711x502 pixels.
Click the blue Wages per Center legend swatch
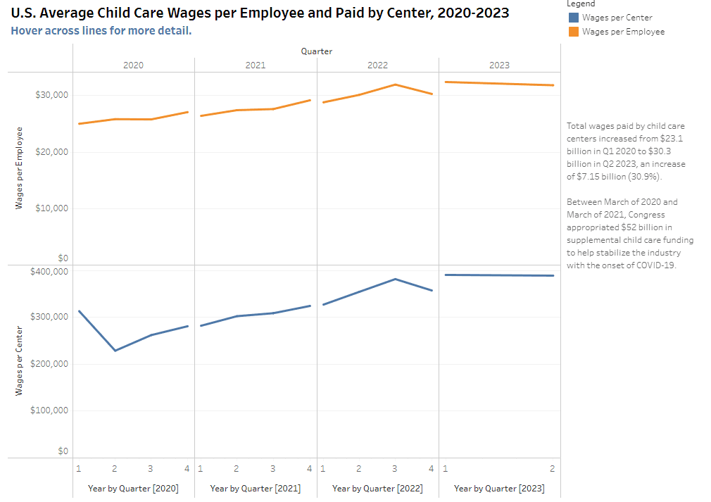pos(573,18)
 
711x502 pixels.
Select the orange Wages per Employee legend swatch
pos(573,32)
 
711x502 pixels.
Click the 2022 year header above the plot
pos(377,65)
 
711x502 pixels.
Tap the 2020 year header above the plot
pos(133,65)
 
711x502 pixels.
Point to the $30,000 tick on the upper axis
pos(51,95)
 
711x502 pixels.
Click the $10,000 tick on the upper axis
pos(51,208)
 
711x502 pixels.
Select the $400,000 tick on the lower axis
pos(49,271)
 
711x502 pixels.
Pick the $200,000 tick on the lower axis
pos(49,364)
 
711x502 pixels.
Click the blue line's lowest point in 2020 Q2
pos(115,351)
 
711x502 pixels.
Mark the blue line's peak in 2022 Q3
pos(395,279)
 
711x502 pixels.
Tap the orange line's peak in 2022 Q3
pos(395,84)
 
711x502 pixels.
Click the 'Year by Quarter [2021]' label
pos(255,488)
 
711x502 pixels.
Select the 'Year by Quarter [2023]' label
pos(499,488)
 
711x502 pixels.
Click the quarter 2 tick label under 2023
pos(552,468)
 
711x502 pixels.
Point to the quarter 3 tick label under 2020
pos(150,468)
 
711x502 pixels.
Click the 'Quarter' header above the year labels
pos(316,51)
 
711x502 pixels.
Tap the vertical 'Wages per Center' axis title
pos(20,360)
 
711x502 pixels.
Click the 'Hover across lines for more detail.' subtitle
pos(101,31)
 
